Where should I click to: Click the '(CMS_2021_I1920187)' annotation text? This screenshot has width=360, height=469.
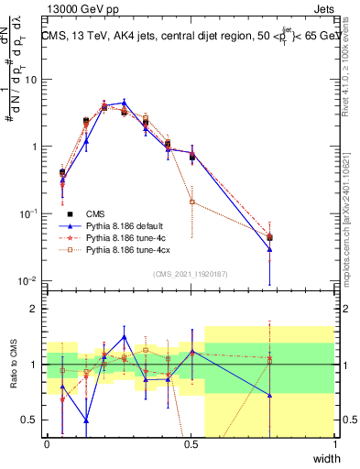tap(191, 274)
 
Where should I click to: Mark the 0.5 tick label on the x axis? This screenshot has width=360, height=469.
tap(191, 444)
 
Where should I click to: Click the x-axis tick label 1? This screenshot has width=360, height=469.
tap(334, 444)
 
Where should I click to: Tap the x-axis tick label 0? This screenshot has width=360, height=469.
tap(47, 444)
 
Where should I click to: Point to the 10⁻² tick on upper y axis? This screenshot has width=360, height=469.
tap(31, 280)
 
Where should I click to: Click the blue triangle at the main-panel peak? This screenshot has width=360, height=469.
tap(125, 103)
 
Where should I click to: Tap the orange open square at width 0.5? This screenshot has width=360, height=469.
tap(191, 201)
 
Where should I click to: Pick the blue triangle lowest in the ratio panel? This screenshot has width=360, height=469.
tap(86, 420)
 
